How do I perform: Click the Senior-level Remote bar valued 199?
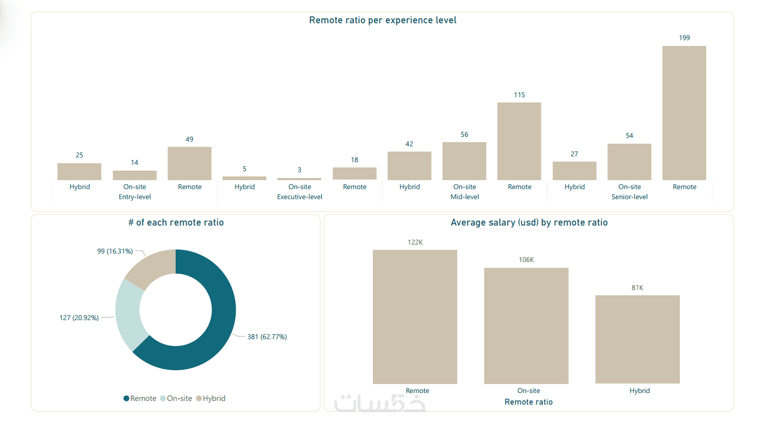pos(684,113)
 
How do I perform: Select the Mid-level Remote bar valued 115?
pos(519,141)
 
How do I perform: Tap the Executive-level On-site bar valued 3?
pos(299,179)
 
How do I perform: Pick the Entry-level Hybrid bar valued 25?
pos(79,172)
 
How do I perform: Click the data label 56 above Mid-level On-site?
pos(464,135)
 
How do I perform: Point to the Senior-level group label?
pos(629,197)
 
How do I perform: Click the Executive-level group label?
pos(300,197)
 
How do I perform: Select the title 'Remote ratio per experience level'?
pos(382,21)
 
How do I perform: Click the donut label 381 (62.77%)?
pos(267,336)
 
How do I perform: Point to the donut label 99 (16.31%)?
pos(115,251)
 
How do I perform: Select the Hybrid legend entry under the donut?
pos(214,398)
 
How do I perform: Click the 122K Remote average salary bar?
pos(415,317)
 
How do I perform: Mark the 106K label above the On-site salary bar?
pos(526,260)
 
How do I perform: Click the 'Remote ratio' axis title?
pos(528,402)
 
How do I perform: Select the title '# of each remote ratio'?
pos(176,223)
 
